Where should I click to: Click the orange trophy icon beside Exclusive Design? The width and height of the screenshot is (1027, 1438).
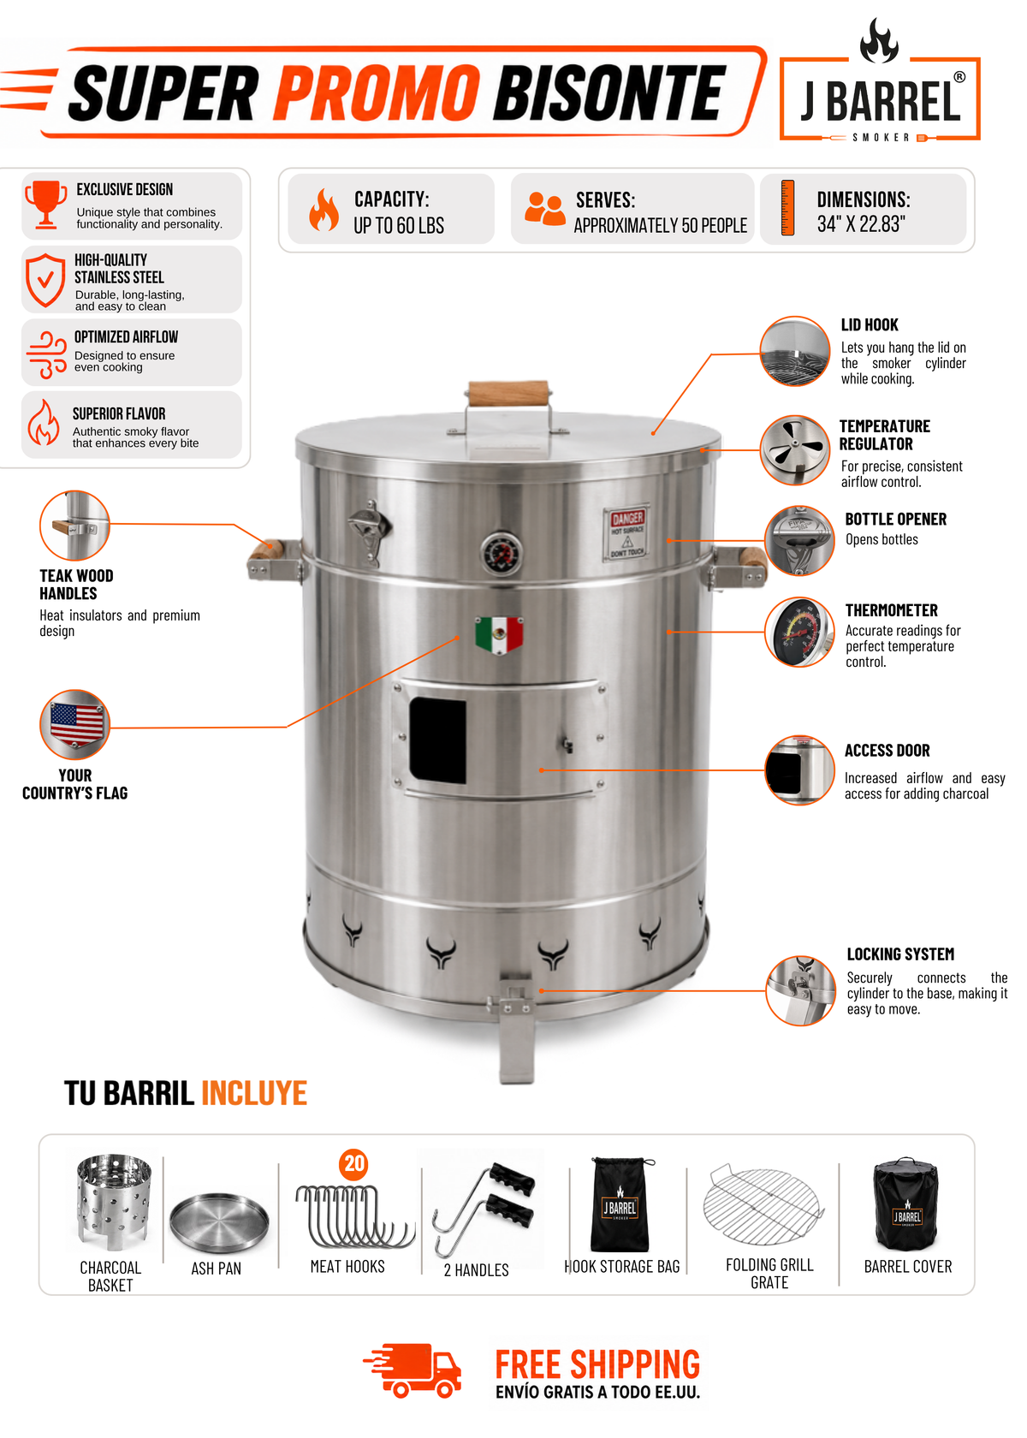coord(45,204)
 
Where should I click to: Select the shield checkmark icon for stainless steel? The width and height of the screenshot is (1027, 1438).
coord(45,280)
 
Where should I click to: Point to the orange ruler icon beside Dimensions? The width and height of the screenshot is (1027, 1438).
coord(787,208)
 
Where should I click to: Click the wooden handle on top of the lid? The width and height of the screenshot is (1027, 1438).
coord(508,393)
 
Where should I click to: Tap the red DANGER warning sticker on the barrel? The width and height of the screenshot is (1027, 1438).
coord(626,532)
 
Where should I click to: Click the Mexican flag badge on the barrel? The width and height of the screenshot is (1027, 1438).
coord(499,635)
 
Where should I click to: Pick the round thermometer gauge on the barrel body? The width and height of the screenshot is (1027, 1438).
coord(502,552)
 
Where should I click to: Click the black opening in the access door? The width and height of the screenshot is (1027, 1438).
coord(438,741)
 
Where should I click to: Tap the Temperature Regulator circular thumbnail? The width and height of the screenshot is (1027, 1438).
coord(795,449)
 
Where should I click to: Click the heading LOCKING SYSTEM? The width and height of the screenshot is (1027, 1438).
coord(900,954)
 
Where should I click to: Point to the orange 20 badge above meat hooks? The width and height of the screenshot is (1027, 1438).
coord(353,1163)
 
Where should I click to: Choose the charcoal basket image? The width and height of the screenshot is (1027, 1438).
coord(114,1202)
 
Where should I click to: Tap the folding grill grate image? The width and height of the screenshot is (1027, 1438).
coord(763,1205)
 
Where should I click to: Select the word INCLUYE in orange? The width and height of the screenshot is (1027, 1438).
coord(254,1093)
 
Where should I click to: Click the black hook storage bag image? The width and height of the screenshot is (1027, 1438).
coord(620,1204)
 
